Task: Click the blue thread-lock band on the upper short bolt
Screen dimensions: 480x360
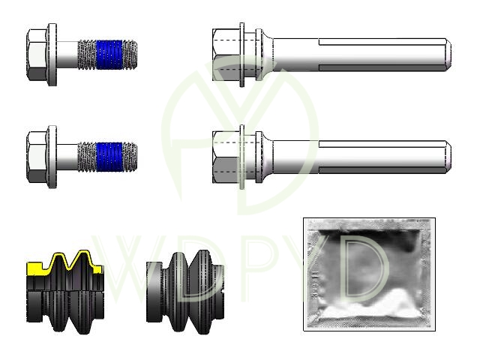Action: tap(109, 55)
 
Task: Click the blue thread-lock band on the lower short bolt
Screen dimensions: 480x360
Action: tap(109, 157)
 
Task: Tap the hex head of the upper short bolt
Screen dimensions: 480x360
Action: tap(37, 55)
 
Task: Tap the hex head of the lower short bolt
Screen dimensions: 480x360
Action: tap(37, 157)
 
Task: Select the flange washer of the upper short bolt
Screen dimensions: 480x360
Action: tap(52, 55)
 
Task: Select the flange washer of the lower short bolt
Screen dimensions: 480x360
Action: tap(52, 157)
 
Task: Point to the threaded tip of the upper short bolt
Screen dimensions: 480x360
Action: tap(130, 55)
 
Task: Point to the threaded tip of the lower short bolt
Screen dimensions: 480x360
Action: tap(130, 157)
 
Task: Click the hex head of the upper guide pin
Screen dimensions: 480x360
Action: tap(226, 55)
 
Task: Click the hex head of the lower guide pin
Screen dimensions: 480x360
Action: tap(226, 157)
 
